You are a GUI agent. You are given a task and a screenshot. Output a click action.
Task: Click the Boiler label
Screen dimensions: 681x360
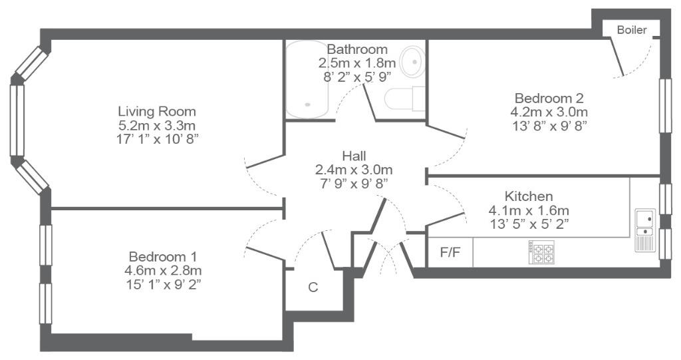(632, 30)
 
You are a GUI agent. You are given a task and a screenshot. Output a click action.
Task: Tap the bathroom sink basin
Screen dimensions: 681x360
(412, 62)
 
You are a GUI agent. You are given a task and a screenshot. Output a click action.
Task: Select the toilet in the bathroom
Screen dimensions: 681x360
(404, 98)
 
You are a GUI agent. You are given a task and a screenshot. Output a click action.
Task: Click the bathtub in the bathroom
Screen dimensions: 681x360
(307, 79)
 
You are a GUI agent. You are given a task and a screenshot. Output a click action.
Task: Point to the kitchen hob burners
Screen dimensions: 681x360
(541, 252)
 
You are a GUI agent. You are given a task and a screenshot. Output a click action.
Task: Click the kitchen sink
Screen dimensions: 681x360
(645, 230)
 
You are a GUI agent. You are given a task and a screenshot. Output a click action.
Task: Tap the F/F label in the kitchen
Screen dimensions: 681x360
(450, 252)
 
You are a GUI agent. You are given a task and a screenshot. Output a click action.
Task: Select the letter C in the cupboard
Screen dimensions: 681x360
(313, 287)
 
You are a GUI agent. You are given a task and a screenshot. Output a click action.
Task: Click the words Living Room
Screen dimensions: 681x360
(157, 112)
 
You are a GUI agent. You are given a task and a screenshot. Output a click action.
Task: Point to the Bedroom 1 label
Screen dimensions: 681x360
(163, 256)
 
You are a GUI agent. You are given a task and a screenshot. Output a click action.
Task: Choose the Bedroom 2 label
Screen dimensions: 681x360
(549, 98)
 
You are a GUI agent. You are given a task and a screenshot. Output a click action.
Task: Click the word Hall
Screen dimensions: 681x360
(354, 156)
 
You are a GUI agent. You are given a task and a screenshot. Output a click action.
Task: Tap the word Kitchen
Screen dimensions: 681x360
(529, 196)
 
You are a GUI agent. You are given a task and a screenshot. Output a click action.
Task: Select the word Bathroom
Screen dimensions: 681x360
(357, 49)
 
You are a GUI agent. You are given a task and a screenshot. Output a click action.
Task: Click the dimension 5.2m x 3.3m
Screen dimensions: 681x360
(157, 126)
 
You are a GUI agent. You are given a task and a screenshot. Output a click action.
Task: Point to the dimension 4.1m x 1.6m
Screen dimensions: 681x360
(529, 210)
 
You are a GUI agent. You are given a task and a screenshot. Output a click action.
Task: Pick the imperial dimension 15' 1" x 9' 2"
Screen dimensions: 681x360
(163, 284)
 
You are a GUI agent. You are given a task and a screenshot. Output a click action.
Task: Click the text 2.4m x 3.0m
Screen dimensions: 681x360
(354, 170)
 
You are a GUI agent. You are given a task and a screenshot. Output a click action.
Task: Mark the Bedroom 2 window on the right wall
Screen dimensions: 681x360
(665, 106)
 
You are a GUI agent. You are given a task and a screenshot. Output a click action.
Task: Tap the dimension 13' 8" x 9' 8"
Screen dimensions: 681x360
(549, 126)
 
